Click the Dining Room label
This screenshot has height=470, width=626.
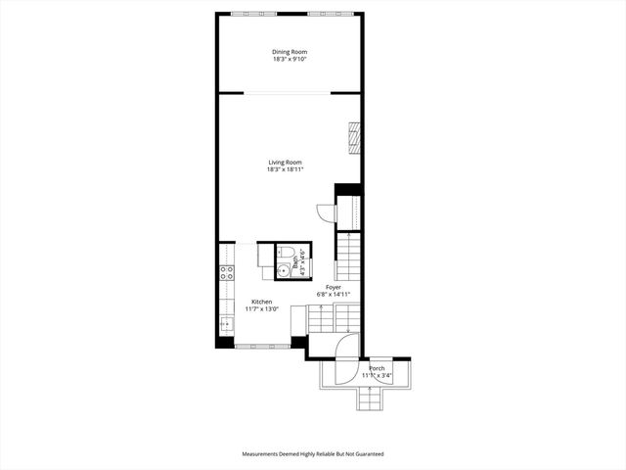point(290,52)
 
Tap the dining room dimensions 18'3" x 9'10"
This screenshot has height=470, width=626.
point(290,60)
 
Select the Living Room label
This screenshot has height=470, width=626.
point(286,162)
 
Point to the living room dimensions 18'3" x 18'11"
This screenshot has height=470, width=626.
point(286,169)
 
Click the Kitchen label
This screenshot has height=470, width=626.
point(261,302)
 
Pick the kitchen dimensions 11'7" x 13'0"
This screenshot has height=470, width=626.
point(261,309)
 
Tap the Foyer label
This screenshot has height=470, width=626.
point(334,287)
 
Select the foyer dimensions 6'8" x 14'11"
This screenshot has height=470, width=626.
point(334,295)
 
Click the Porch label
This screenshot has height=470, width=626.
point(377,368)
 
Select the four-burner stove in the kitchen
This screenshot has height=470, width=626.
point(226,273)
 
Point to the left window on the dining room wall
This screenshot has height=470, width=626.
point(252,13)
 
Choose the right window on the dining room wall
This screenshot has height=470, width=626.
point(328,13)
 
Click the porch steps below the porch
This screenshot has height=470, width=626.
point(370,399)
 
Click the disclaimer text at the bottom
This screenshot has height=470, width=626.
point(313,454)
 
